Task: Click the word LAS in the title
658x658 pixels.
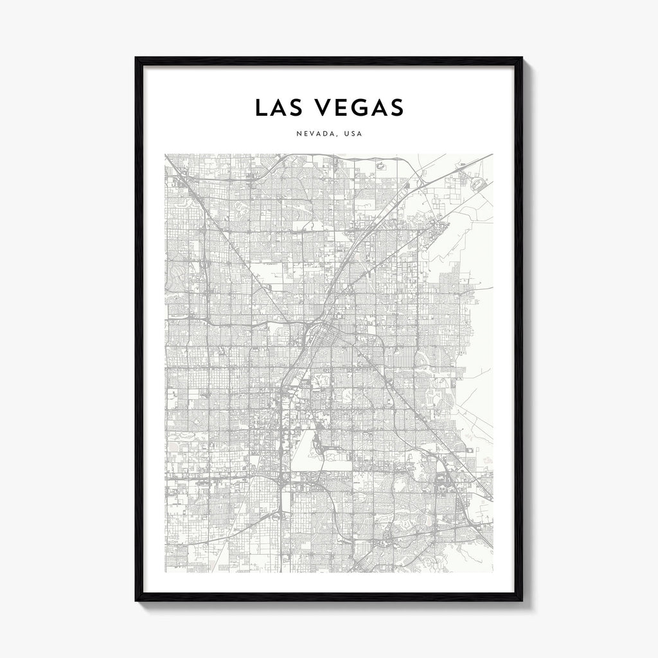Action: (x=280, y=107)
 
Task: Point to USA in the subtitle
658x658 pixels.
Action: (x=353, y=134)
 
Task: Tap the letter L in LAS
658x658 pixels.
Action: (x=260, y=107)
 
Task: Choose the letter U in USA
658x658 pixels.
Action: (x=346, y=134)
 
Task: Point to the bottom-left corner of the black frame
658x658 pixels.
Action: (x=137, y=600)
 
